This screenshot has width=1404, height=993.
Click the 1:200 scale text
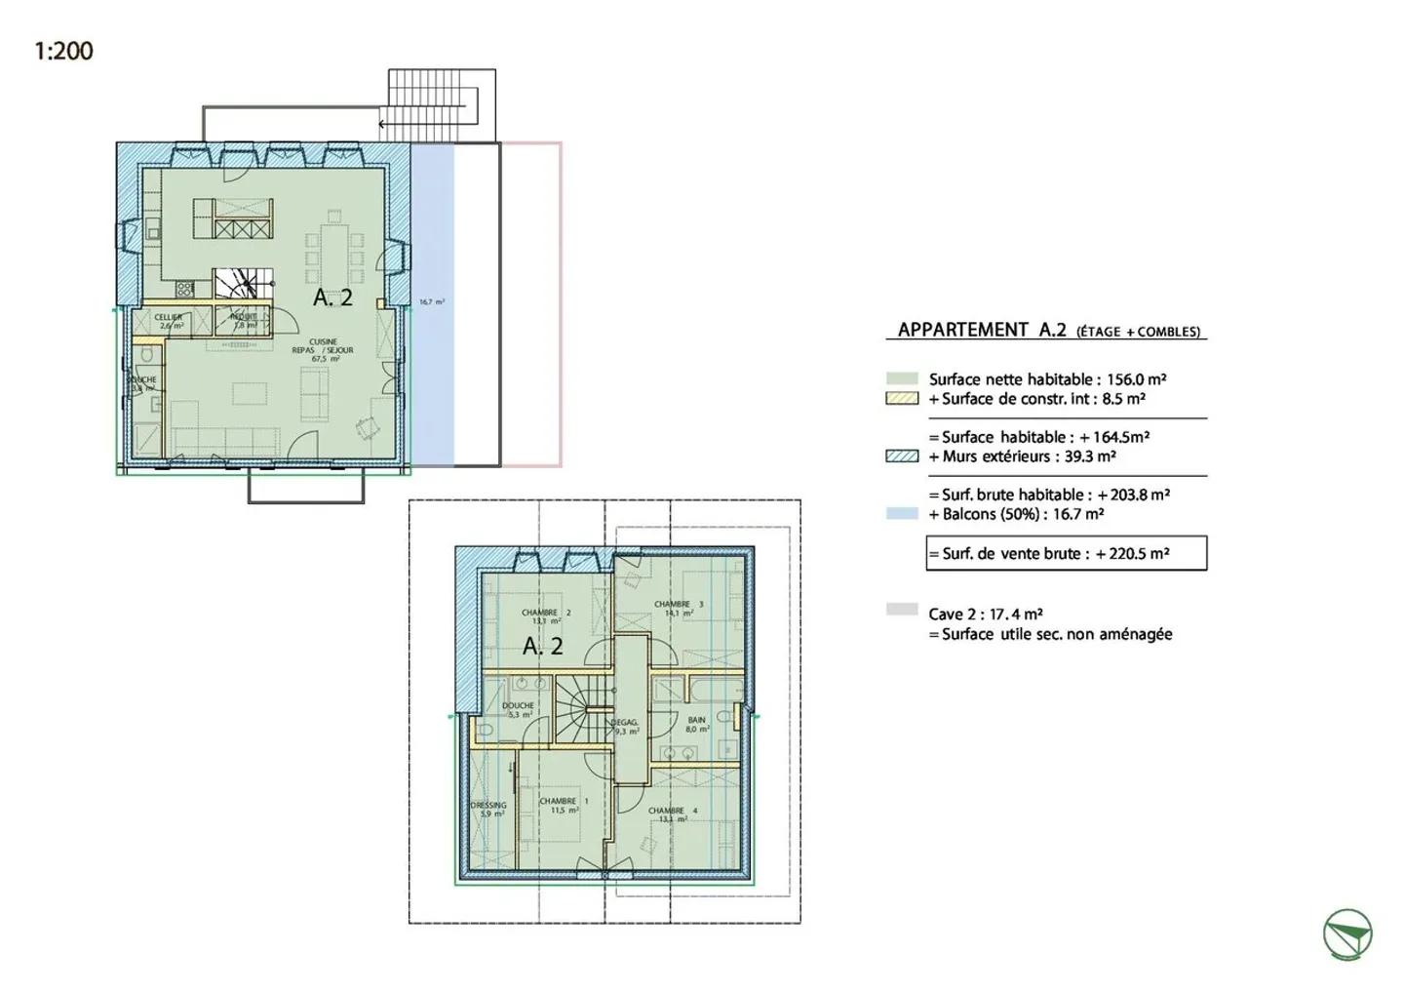coord(63,51)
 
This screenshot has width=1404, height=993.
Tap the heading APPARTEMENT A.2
coord(982,330)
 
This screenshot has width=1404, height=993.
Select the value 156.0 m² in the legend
coord(1136,379)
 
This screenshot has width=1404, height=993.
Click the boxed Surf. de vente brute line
coord(1066,553)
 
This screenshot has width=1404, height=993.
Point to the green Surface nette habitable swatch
coord(902,379)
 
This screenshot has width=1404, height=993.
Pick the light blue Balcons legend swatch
coord(902,514)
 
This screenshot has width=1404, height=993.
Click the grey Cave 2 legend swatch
coord(902,610)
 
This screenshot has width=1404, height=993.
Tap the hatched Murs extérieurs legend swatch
coord(902,457)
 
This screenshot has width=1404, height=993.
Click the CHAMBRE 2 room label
coord(545,616)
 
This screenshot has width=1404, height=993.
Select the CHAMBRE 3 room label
coord(678,609)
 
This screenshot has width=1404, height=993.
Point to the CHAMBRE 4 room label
coord(673,814)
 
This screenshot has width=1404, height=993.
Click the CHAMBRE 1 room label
coord(564,805)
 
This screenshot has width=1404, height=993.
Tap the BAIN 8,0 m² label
coord(696,724)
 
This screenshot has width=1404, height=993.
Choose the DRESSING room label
coord(488,809)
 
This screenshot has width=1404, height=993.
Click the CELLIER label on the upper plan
coord(169,321)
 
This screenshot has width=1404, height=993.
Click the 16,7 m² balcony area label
coord(431,302)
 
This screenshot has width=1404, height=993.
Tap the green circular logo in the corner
coord(1347,933)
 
